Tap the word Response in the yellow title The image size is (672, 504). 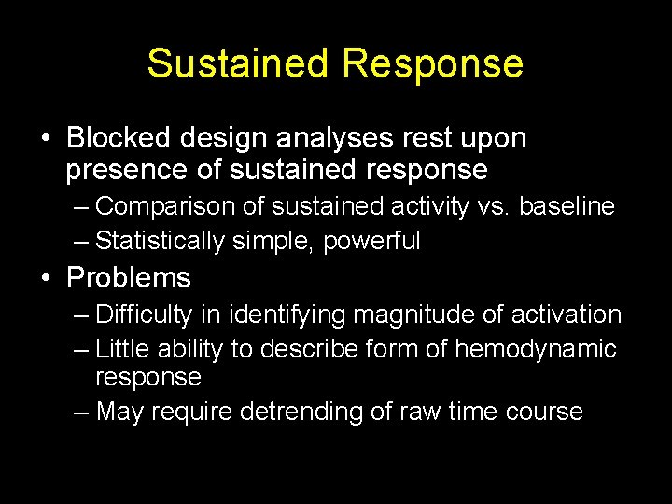click(433, 63)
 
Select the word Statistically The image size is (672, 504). click(161, 241)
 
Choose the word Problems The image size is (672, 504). click(129, 277)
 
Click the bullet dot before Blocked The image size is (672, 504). click(46, 139)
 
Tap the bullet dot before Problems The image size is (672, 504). click(46, 278)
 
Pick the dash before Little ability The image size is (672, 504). click(81, 350)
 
